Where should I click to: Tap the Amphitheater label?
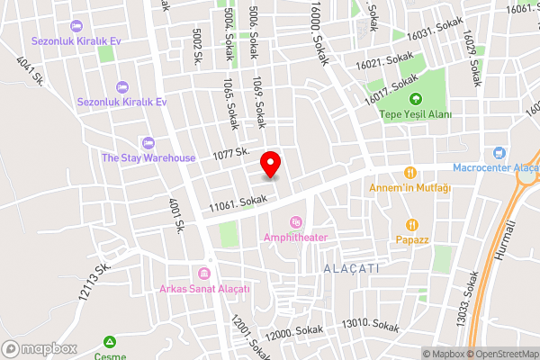[x=295, y=237]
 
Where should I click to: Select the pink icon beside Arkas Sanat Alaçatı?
[x=204, y=274]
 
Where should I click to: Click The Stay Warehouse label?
[x=148, y=157]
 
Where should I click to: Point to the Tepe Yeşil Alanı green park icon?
[x=415, y=99]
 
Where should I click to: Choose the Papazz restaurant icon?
[x=411, y=225]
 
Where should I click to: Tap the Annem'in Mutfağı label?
[x=409, y=187]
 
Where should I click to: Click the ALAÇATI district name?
[x=351, y=269]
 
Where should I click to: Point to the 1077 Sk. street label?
[x=231, y=156]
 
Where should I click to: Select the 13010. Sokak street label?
[x=369, y=325]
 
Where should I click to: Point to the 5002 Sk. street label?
[x=197, y=45]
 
